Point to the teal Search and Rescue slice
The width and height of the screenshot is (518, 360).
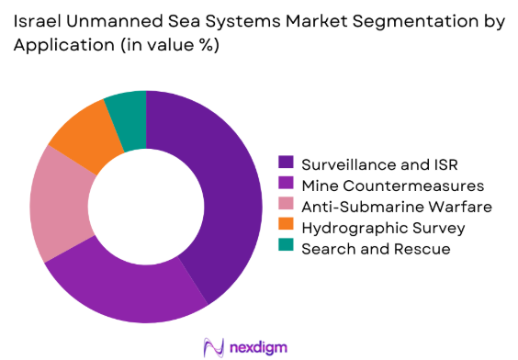[x=128, y=109]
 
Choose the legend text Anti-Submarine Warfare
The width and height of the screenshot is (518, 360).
[x=384, y=207]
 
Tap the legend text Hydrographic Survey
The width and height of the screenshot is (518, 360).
[x=375, y=228]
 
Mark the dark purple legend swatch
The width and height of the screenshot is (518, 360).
[x=286, y=163]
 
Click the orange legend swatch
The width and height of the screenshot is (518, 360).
[x=286, y=228]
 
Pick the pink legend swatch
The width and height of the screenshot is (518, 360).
[x=286, y=207]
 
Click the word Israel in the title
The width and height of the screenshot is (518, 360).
[x=39, y=24]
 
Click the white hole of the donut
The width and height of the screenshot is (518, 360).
[x=145, y=207]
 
